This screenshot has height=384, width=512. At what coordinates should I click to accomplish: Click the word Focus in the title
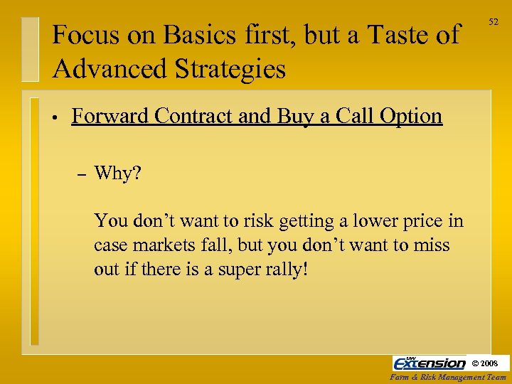pyautogui.click(x=78, y=35)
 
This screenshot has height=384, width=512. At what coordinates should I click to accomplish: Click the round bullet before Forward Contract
pyautogui.click(x=54, y=117)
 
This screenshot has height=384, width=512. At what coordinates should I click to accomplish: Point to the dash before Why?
pyautogui.click(x=80, y=174)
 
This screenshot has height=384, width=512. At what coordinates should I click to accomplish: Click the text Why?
pyautogui.click(x=118, y=173)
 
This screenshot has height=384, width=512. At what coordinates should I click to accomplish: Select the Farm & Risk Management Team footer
pyautogui.click(x=449, y=377)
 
